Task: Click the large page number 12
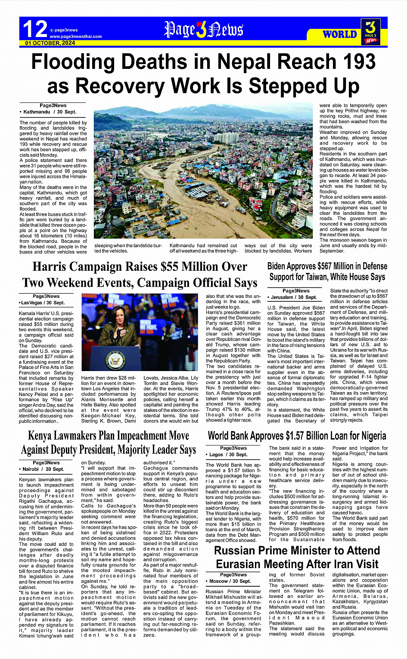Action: pyautogui.click(x=34, y=29)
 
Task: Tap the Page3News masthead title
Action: pyautogui.click(x=203, y=30)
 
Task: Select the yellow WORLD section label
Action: pyautogui.click(x=340, y=34)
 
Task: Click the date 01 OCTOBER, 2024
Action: pyautogui.click(x=50, y=43)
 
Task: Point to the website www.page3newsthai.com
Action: pyautogui.click(x=76, y=37)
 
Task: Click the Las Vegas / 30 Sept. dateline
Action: pyautogui.click(x=42, y=303)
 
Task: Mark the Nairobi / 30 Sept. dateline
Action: pyautogui.click(x=42, y=469)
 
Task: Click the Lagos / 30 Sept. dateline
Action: pyautogui.click(x=228, y=454)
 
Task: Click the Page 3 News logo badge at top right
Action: pyautogui.click(x=370, y=31)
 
